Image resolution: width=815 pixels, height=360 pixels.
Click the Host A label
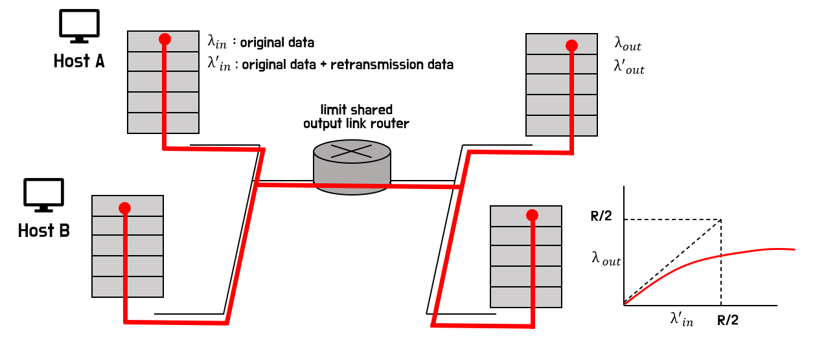(x=79, y=62)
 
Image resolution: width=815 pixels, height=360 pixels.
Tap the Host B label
(x=43, y=231)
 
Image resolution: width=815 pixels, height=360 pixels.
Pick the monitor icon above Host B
(x=43, y=195)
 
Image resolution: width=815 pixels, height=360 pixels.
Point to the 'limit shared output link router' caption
(x=356, y=117)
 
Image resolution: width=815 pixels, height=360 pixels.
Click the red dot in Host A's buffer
(x=165, y=39)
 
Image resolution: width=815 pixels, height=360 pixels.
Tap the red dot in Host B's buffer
(x=125, y=208)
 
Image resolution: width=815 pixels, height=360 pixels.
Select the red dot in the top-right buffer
(x=571, y=45)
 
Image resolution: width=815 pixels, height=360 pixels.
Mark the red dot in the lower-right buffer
(x=533, y=215)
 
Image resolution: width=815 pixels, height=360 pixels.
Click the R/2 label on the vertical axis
(x=601, y=216)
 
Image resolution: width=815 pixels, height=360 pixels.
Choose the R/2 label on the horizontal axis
(x=728, y=320)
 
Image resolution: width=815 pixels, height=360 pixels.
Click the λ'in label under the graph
(x=682, y=319)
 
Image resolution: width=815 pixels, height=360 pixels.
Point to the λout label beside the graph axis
(x=606, y=259)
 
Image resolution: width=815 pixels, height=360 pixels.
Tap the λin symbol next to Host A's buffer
(x=218, y=42)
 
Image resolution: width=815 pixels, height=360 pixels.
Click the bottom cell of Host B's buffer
(x=128, y=287)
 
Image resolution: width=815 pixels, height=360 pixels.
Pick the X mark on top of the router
(x=351, y=152)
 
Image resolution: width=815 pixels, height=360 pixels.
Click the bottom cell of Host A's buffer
(x=163, y=123)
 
